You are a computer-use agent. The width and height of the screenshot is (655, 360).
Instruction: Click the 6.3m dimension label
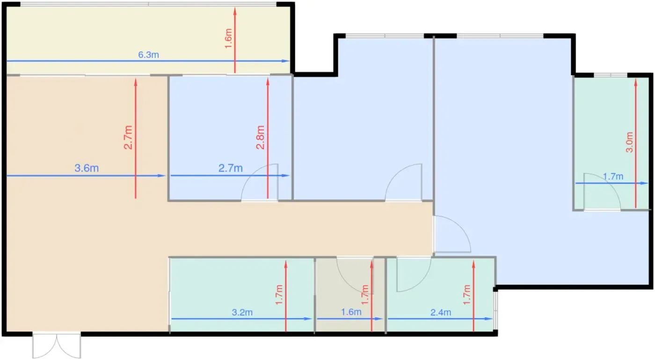pos(149,55)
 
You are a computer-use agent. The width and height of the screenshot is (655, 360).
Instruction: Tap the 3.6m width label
pos(87,168)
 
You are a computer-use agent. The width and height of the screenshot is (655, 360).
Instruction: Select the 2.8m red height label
pos(260,137)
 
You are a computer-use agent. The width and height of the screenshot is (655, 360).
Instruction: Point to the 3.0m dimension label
pos(629,142)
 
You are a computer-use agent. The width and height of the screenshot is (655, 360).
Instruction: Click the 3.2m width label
pos(242,312)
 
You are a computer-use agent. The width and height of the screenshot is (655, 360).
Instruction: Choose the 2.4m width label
pos(441,312)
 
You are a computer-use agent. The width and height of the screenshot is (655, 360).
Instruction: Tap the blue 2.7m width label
pos(230,168)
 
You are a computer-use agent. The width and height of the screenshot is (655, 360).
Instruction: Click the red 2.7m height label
pos(128,137)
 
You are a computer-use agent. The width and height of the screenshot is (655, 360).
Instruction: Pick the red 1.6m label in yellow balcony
pos(228,38)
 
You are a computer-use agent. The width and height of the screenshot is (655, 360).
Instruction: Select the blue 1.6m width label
pos(351,312)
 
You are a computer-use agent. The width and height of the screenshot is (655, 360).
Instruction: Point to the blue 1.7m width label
pos(613,177)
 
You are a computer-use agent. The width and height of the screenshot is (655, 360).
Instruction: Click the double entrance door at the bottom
pos(57,346)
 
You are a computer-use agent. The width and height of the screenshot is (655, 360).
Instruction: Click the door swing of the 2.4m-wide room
pos(414,274)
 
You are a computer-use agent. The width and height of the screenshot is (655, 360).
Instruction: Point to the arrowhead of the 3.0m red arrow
pos(636,83)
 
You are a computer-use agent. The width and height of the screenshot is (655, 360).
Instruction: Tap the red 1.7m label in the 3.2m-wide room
pos(279,295)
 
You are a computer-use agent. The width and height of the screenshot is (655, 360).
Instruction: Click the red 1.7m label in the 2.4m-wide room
pos(467,295)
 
